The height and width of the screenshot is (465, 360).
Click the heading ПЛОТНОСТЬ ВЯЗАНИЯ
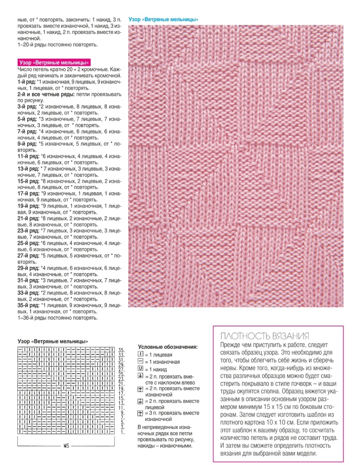pos(264,336)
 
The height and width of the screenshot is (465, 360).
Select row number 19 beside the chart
pos(121,388)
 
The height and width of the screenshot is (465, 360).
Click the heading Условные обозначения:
pos(168,347)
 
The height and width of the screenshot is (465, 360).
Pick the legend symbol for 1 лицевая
pos(141,355)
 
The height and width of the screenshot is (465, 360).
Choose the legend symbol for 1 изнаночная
pos(141,362)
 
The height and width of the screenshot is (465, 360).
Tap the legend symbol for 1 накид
pos(141,369)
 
